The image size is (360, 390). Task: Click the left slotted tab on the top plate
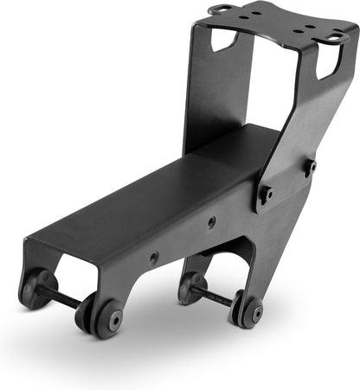click(x=220, y=10)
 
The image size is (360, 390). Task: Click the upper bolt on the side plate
click(x=310, y=164)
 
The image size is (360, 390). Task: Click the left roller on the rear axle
click(x=191, y=287)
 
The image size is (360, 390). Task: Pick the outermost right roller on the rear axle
click(x=250, y=313)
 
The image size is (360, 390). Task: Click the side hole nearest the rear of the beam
click(x=211, y=222)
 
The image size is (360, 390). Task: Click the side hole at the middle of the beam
click(x=154, y=258)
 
